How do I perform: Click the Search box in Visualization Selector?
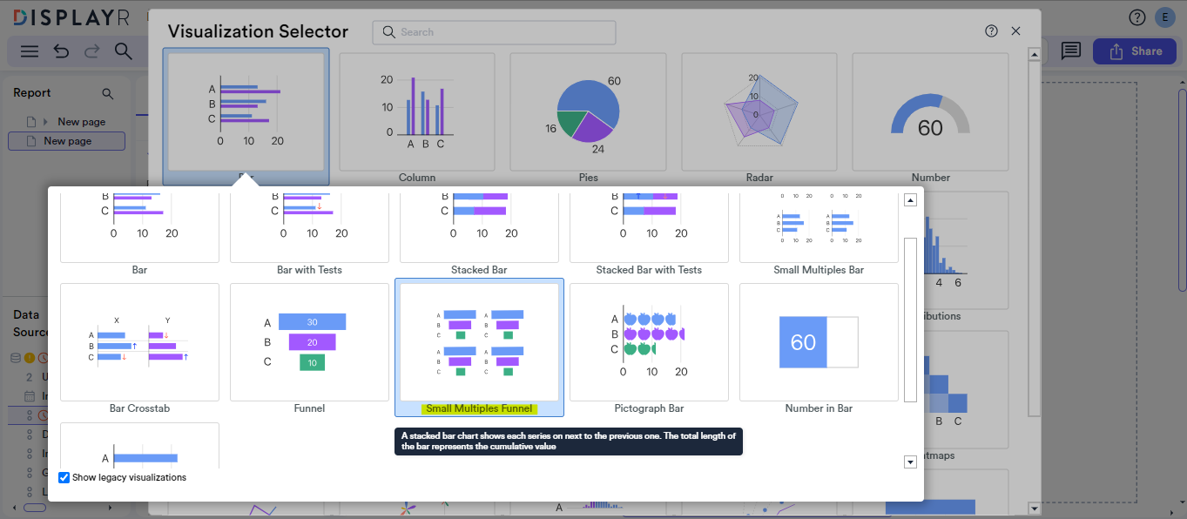pyautogui.click(x=494, y=32)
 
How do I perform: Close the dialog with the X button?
pyautogui.click(x=1015, y=31)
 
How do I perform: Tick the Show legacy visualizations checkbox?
pyautogui.click(x=64, y=477)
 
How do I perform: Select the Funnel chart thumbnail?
pyautogui.click(x=309, y=341)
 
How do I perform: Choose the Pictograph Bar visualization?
pyautogui.click(x=649, y=341)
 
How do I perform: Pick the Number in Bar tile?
pyautogui.click(x=818, y=341)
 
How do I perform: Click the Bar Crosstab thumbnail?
pyautogui.click(x=139, y=341)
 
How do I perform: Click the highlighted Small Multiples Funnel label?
pyautogui.click(x=479, y=408)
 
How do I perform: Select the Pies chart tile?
pyautogui.click(x=588, y=111)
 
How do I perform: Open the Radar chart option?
pyautogui.click(x=759, y=111)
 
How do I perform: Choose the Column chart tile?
pyautogui.click(x=417, y=111)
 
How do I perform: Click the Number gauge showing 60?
pyautogui.click(x=929, y=111)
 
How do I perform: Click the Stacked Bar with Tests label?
pyautogui.click(x=649, y=270)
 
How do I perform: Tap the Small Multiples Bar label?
pyautogui.click(x=819, y=270)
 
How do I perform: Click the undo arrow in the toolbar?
pyautogui.click(x=61, y=51)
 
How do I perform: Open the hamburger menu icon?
pyautogui.click(x=30, y=51)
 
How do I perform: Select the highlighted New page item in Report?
pyautogui.click(x=67, y=141)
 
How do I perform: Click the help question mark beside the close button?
pyautogui.click(x=991, y=31)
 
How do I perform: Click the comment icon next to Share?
pyautogui.click(x=1070, y=51)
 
